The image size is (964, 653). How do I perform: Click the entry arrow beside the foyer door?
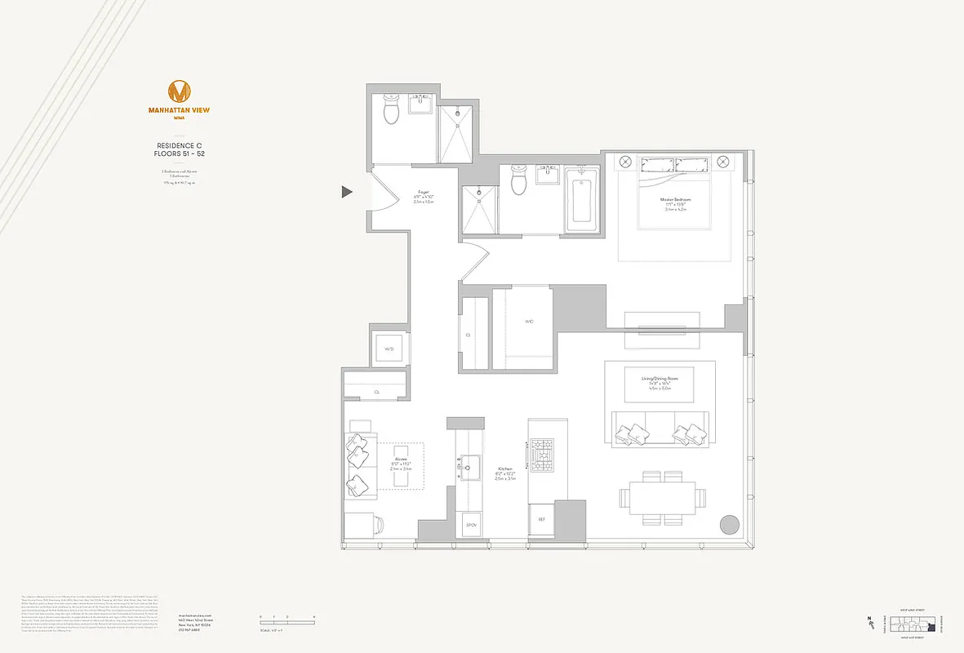click(x=347, y=192)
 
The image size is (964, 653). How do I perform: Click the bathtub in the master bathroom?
click(x=581, y=197)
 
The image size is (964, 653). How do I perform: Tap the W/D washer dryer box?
click(x=389, y=349)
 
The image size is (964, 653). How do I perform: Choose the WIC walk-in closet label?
click(x=527, y=322)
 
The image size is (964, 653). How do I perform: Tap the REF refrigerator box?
click(x=540, y=519)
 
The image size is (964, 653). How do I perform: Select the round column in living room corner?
click(x=729, y=524)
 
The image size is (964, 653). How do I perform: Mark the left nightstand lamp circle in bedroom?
click(x=625, y=162)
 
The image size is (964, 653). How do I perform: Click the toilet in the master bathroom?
click(x=518, y=180)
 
